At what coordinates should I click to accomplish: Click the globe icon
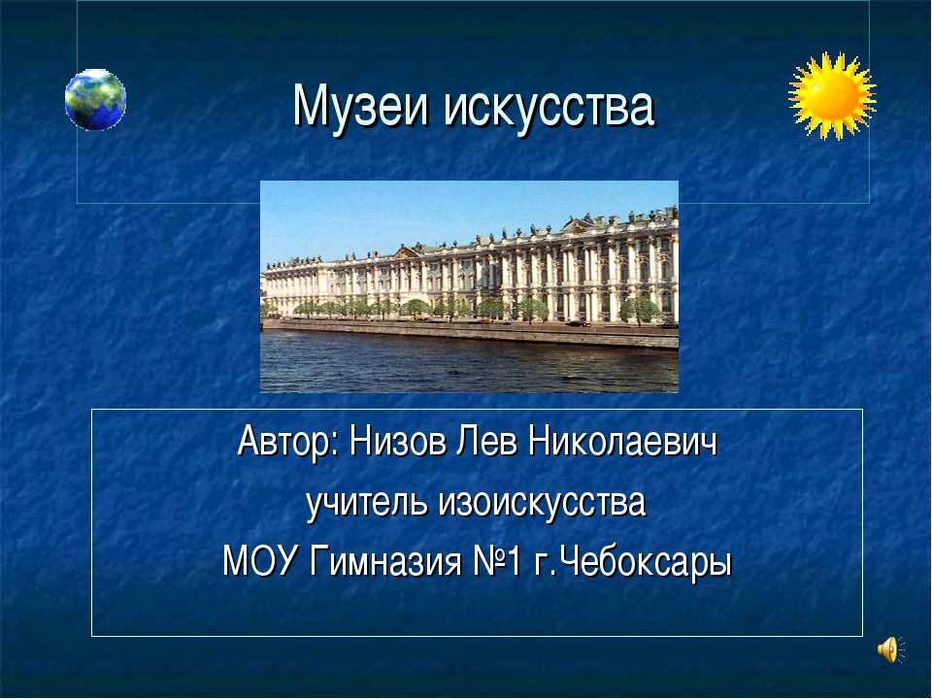[x=95, y=99]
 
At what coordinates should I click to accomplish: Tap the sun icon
[x=832, y=95]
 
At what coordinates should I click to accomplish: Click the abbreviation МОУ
[x=260, y=561]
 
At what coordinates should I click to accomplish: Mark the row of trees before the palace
[x=427, y=308]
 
